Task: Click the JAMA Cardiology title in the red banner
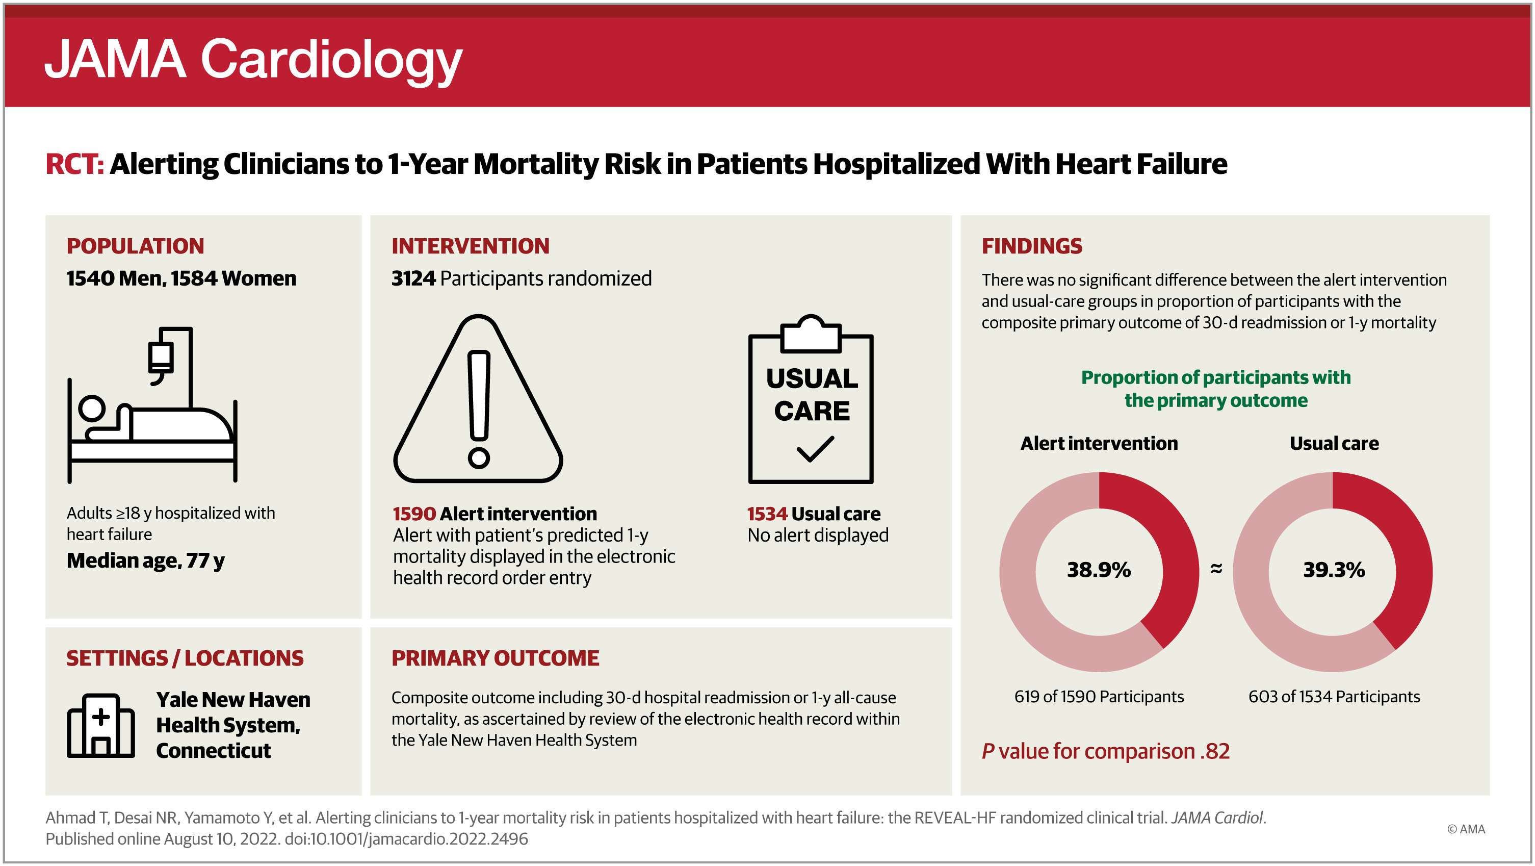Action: (253, 60)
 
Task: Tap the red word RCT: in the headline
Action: (74, 164)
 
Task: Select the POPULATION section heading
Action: (135, 246)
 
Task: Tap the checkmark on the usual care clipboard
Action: (815, 449)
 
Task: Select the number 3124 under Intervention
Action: (413, 278)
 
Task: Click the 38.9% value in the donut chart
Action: (1098, 570)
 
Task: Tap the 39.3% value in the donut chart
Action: (1334, 570)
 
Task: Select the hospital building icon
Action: (101, 725)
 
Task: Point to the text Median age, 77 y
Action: (145, 561)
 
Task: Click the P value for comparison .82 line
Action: (1105, 751)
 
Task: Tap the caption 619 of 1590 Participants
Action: (1099, 697)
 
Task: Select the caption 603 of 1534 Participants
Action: (1334, 697)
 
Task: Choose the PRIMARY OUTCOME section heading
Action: (495, 658)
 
